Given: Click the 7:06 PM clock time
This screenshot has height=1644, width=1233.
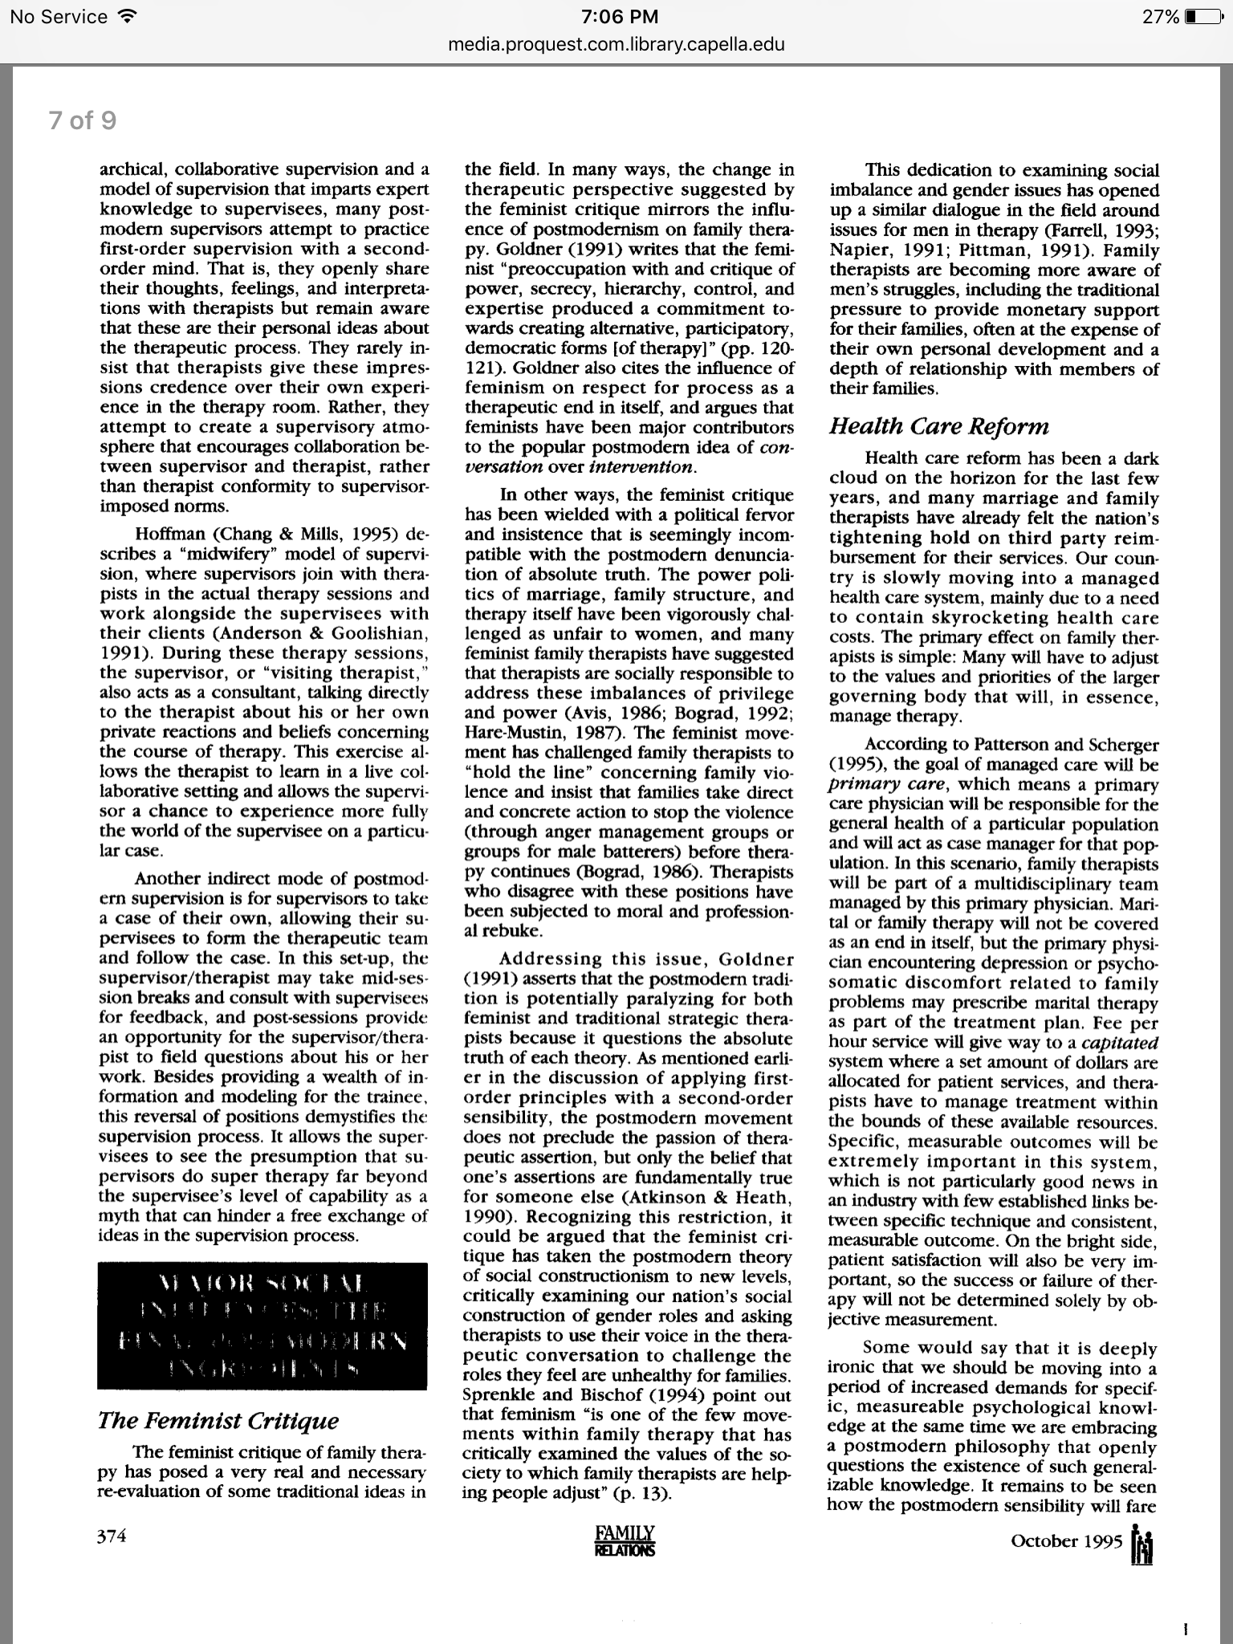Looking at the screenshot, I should (x=616, y=17).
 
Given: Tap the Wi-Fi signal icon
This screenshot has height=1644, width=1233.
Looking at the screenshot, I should (x=126, y=17).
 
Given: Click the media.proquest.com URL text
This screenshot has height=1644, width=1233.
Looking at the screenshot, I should (x=616, y=44).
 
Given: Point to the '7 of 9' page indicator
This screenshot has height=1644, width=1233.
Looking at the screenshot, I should (x=82, y=120).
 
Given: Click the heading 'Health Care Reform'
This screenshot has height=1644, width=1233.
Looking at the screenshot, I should (x=939, y=426).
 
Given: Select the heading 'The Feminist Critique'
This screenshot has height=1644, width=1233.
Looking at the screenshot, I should (x=218, y=1420).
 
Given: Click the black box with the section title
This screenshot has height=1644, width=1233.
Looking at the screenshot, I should (x=262, y=1325).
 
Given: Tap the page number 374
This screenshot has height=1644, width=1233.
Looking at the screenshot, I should (x=112, y=1536).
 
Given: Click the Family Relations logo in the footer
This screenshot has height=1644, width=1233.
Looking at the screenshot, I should (x=625, y=1540).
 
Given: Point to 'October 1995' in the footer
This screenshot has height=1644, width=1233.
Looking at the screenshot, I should (x=1066, y=1540).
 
